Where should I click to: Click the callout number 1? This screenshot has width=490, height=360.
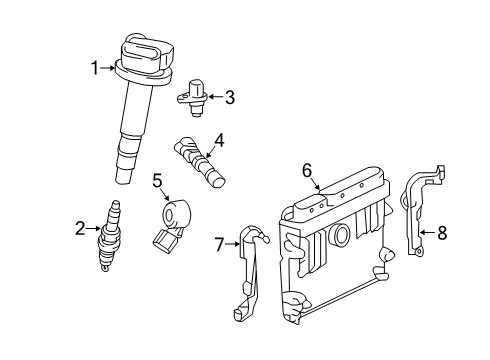pyautogui.click(x=95, y=68)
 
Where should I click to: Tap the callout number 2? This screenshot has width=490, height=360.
pyautogui.click(x=80, y=229)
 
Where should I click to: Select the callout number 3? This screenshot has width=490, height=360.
pyautogui.click(x=229, y=97)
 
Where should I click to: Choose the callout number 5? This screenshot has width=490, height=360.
pyautogui.click(x=157, y=180)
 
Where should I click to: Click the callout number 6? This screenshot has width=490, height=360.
pyautogui.click(x=307, y=169)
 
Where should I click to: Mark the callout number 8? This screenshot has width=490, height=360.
pyautogui.click(x=443, y=233)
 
